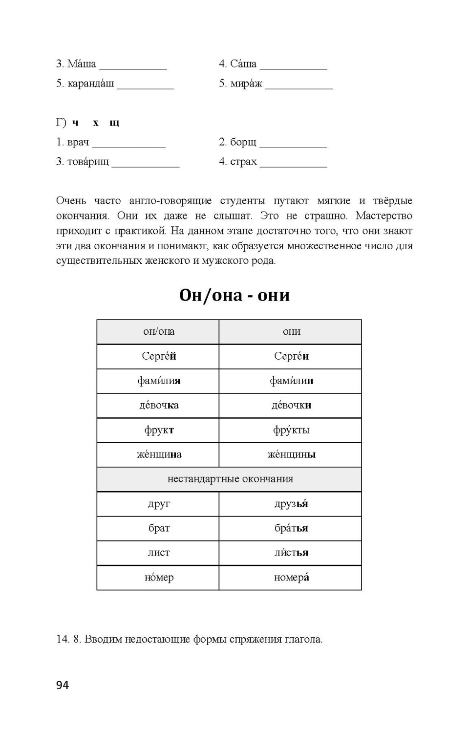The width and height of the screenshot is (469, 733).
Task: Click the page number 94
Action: [x=63, y=685]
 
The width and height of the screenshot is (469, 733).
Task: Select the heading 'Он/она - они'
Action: [x=234, y=295]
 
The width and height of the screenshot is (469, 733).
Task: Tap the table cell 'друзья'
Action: [x=291, y=504]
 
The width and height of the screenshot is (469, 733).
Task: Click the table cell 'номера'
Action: [x=291, y=578]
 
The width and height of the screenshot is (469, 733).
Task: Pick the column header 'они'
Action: [x=291, y=332]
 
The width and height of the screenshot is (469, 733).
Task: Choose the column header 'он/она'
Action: [x=159, y=332]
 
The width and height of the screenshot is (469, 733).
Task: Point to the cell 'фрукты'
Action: [x=291, y=430]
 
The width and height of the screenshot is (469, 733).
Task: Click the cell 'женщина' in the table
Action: [x=159, y=454]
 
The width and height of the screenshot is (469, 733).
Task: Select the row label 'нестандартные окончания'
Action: [x=230, y=479]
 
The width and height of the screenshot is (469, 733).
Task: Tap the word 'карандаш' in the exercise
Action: [x=91, y=84]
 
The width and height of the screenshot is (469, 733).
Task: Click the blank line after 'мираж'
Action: [x=299, y=86]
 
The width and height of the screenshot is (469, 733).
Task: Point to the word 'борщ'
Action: [x=243, y=142]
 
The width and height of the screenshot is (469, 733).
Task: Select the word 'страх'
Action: [x=243, y=162]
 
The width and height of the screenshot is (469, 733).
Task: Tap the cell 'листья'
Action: [x=291, y=553]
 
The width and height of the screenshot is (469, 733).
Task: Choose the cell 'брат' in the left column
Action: [x=159, y=528]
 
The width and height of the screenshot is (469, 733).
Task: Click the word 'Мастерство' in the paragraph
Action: [x=384, y=216]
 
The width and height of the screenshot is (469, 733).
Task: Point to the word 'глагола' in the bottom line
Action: [x=303, y=639]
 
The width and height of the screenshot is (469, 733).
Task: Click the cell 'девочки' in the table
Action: [x=291, y=405]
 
